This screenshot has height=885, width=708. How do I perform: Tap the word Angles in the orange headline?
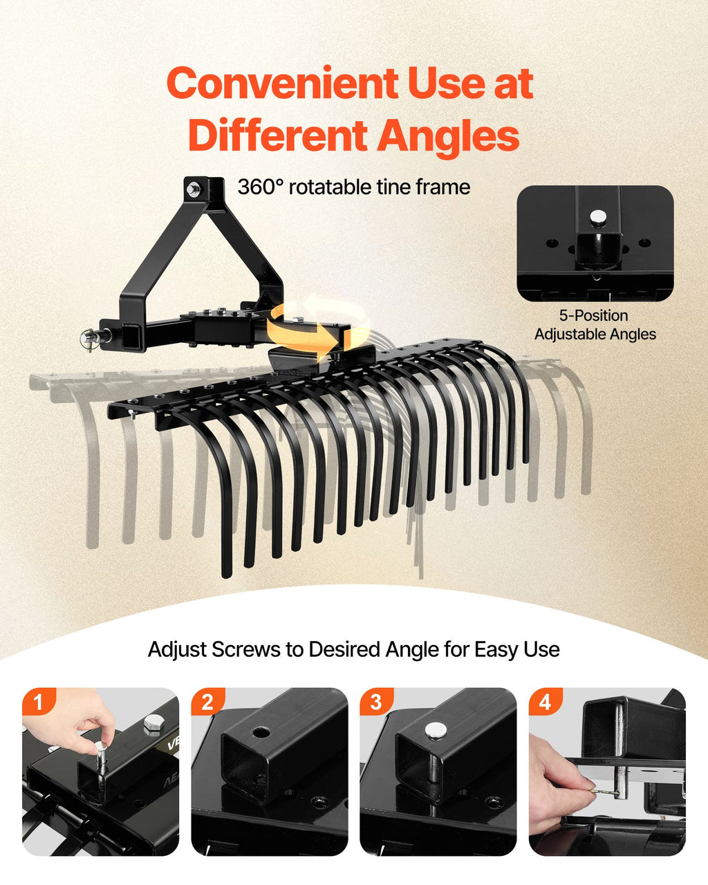tap(449, 135)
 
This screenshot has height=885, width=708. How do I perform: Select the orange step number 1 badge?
tap(39, 702)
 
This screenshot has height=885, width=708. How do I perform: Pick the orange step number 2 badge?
tap(207, 702)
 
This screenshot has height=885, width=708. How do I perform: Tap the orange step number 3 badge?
tap(376, 702)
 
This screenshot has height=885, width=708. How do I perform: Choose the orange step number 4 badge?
tap(546, 702)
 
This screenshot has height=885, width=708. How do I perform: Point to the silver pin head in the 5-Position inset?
tap(598, 216)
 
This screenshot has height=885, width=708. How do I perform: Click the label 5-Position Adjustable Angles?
tap(595, 325)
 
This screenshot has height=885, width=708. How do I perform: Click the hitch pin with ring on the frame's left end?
tap(89, 339)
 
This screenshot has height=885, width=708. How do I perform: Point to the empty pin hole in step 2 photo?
tap(260, 732)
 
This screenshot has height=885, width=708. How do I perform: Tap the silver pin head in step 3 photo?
tap(436, 730)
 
